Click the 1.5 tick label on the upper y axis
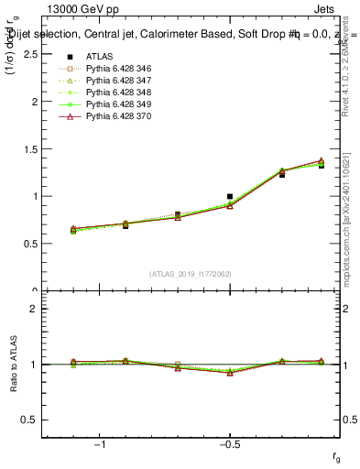tap(29, 148)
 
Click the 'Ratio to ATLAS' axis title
tap(13, 365)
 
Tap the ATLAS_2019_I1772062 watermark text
tap(190, 274)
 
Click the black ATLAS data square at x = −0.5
tap(230, 196)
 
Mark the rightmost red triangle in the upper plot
tap(322, 161)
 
